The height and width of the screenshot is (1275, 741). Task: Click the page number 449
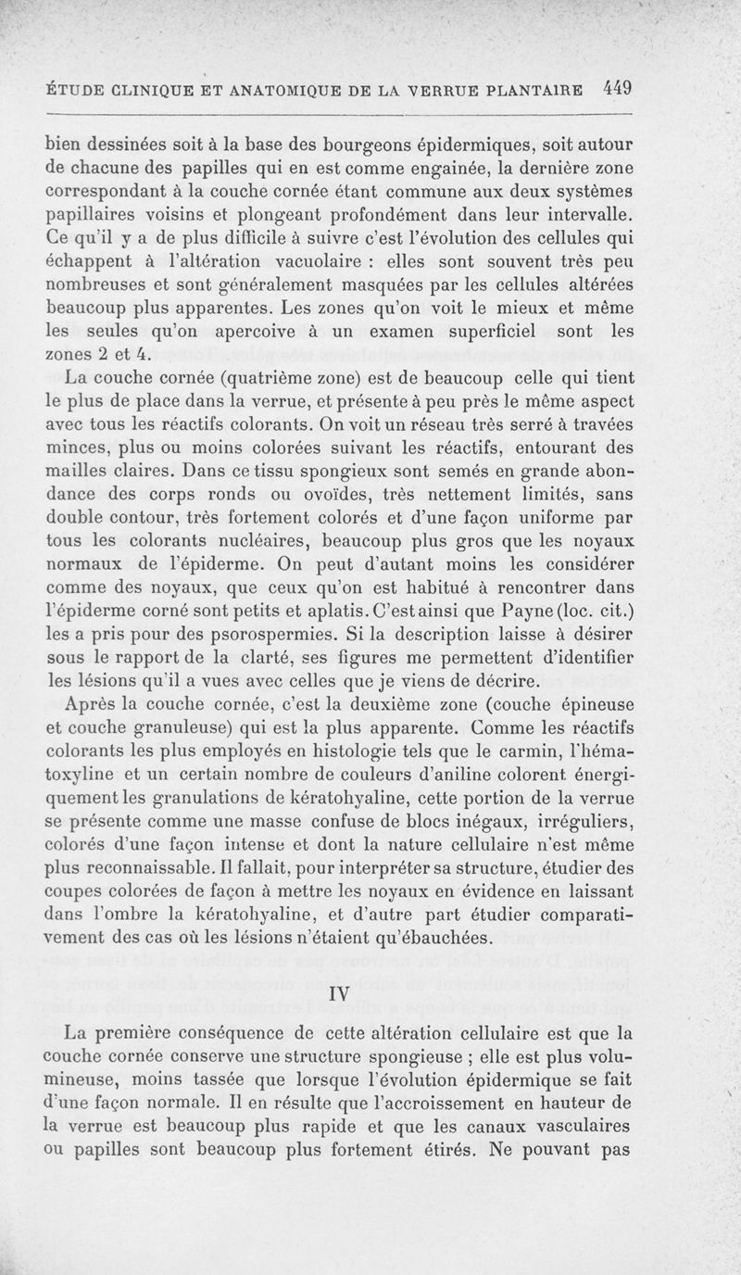coord(616,89)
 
